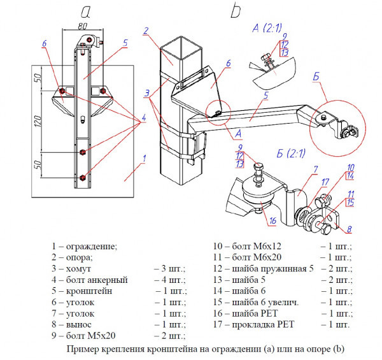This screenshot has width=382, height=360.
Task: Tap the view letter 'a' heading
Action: pyautogui.click(x=87, y=10)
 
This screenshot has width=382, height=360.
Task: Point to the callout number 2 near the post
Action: pyautogui.click(x=146, y=31)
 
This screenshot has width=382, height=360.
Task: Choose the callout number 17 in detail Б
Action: pyautogui.click(x=325, y=182)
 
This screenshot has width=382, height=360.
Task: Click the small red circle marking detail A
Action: pyautogui.click(x=218, y=114)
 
